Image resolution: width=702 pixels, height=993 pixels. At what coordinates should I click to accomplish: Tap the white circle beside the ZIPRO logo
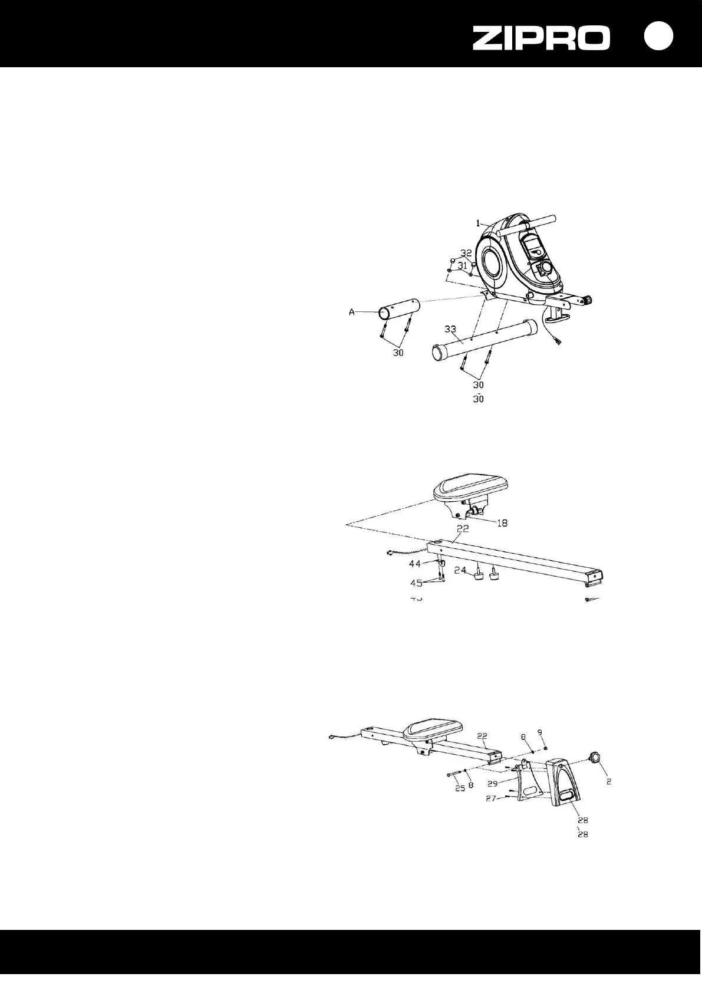[658, 36]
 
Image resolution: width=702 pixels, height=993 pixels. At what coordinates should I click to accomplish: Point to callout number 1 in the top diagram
[479, 223]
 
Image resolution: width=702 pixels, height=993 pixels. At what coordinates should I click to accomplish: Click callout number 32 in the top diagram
[466, 253]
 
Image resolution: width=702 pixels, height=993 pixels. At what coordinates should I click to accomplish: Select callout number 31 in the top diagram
[463, 266]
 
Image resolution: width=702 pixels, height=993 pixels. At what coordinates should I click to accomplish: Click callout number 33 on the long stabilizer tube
[450, 328]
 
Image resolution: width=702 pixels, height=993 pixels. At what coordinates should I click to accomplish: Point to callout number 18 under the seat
[502, 522]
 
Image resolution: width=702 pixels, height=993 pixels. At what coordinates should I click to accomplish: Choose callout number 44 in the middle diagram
[416, 564]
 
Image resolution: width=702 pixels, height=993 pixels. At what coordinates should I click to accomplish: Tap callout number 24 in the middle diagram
[460, 570]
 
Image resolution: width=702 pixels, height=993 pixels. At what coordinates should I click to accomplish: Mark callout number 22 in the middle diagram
[463, 529]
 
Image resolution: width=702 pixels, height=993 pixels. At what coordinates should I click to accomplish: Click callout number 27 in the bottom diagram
[490, 798]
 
